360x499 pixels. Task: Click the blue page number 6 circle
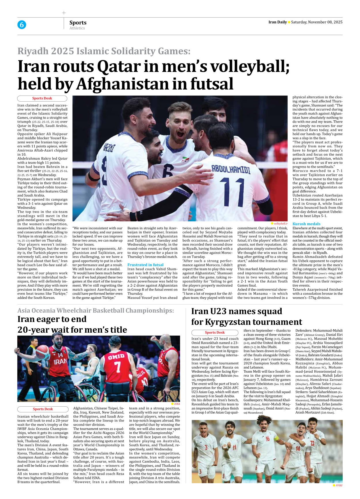22,25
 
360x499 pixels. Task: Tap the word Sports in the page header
78,22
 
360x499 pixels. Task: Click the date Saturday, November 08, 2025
317,22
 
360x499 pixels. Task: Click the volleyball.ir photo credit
280,224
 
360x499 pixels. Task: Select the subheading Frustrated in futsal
145,265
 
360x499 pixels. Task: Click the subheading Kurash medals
306,224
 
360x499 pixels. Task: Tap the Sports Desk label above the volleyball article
42,98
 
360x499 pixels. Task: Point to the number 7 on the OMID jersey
117,367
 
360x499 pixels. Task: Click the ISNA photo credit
177,404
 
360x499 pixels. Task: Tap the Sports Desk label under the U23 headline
215,333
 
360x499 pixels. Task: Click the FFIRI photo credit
339,485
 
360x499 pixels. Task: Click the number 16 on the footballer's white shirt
268,439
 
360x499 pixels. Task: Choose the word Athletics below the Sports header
77,28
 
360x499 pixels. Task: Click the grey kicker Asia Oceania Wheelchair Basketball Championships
96,311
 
